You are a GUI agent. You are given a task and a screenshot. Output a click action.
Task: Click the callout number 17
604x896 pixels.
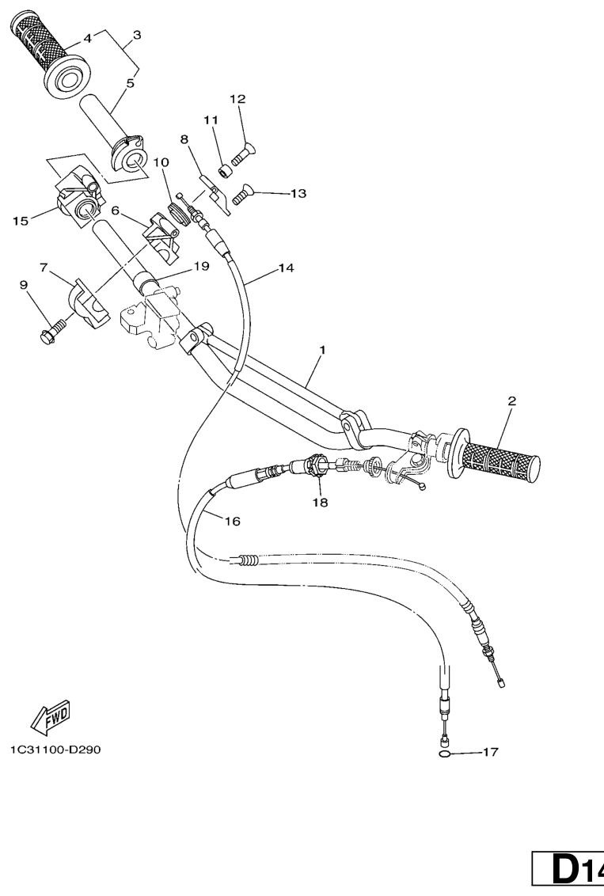[x=490, y=752]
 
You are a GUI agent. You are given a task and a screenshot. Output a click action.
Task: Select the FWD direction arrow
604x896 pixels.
[x=51, y=716]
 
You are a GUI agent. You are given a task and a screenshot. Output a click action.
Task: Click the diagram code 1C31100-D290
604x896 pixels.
[x=55, y=749]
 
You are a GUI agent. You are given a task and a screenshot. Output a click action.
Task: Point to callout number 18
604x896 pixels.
[x=320, y=503]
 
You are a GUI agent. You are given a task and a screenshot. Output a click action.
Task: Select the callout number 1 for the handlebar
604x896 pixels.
[x=322, y=349]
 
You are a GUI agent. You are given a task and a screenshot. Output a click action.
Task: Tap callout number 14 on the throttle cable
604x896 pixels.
[x=287, y=268]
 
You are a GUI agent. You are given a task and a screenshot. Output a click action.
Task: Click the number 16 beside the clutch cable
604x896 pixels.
[x=233, y=521]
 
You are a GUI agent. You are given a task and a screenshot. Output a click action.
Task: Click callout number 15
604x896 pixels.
[x=21, y=221]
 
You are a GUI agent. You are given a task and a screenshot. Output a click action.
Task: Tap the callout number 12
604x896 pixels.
[x=237, y=99]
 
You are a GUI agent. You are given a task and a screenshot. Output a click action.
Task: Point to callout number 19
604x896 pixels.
[x=201, y=266]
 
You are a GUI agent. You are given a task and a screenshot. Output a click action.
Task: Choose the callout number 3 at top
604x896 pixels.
[x=137, y=35]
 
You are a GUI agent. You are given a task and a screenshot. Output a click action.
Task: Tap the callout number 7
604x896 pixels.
[x=44, y=267]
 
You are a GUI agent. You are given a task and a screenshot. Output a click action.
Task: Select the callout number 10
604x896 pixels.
[x=161, y=162]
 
